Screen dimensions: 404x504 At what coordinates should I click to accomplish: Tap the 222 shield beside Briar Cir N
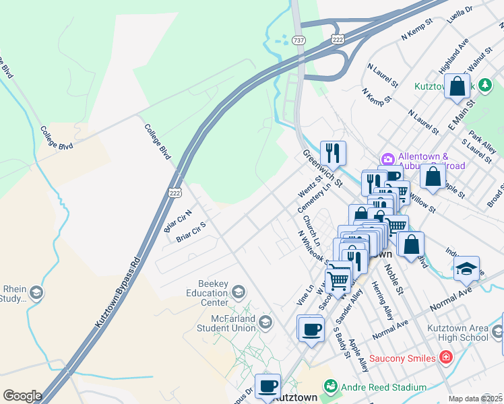(x=175, y=193)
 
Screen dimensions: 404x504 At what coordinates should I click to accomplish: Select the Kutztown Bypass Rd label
(x=117, y=292)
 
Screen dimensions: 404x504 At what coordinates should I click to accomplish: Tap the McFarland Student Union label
(x=225, y=323)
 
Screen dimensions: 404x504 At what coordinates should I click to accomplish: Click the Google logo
(x=22, y=396)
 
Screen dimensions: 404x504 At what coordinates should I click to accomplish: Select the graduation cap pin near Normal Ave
(x=466, y=269)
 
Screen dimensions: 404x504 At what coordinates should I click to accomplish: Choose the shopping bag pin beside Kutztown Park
(x=457, y=87)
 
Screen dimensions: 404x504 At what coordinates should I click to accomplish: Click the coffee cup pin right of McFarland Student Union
(x=310, y=329)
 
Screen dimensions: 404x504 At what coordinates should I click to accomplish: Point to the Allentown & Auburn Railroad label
(x=431, y=162)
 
